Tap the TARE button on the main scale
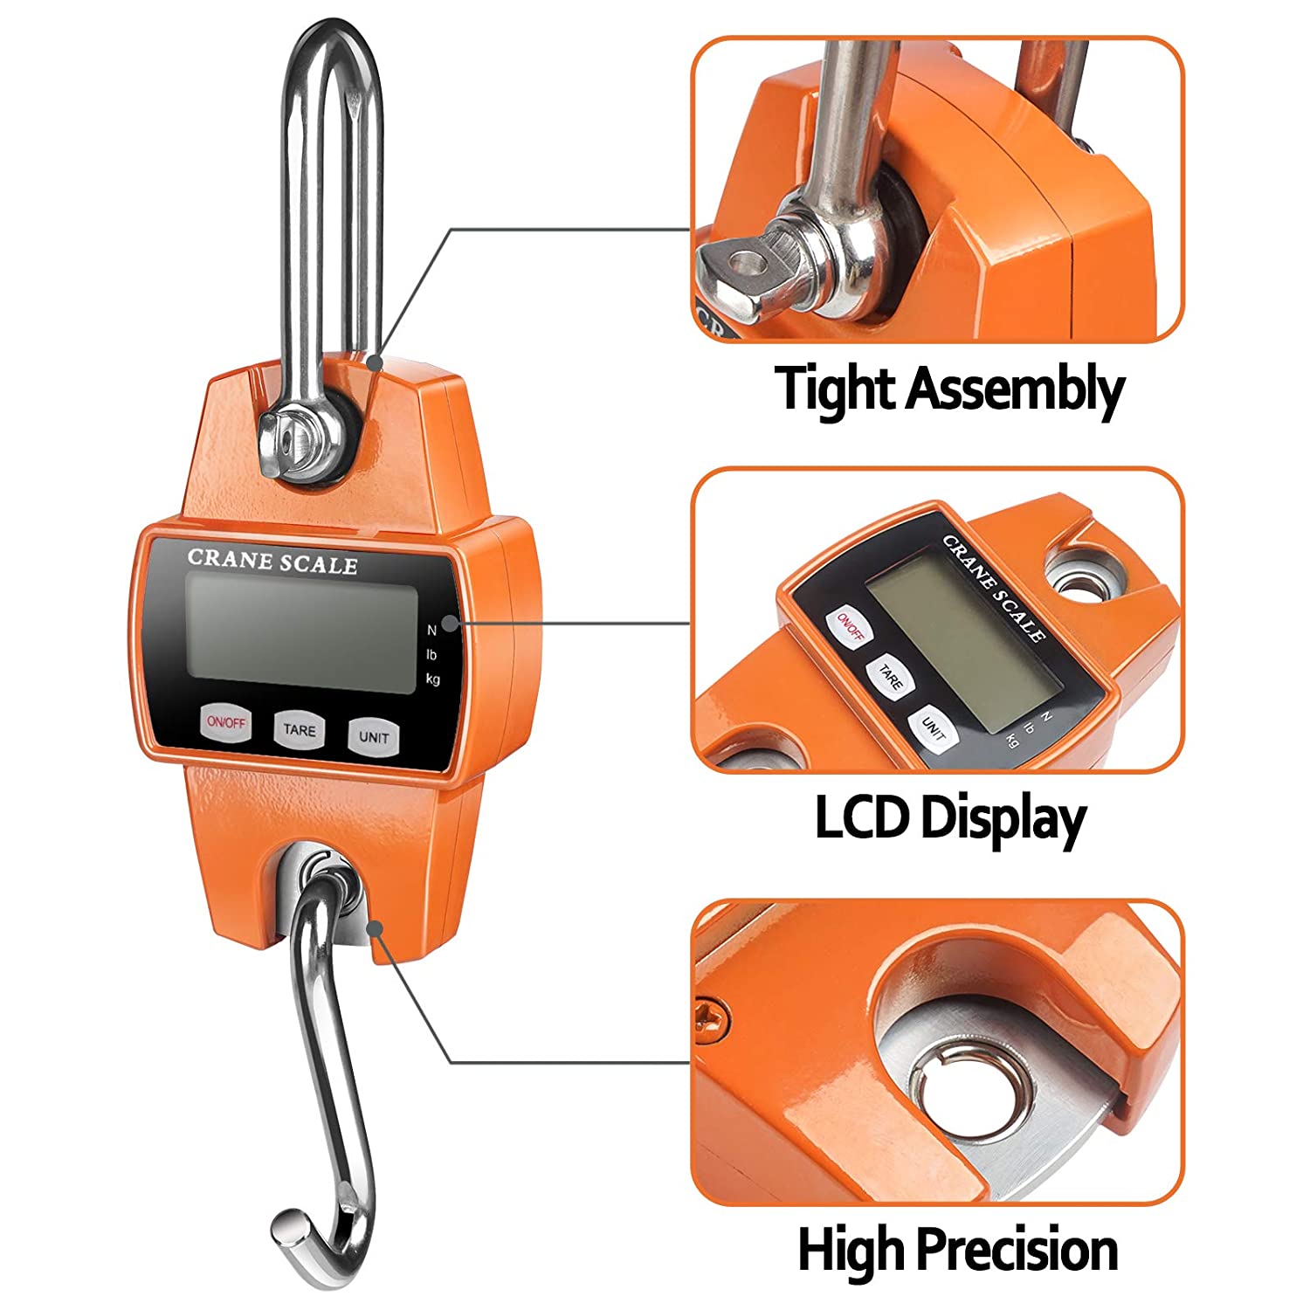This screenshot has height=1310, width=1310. click(300, 729)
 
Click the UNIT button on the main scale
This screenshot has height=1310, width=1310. click(374, 737)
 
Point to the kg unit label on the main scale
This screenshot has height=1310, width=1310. click(433, 679)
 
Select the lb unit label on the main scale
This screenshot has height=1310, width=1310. click(431, 654)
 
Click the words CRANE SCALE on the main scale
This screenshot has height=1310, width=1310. click(272, 562)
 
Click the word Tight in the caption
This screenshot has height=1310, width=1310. click(836, 389)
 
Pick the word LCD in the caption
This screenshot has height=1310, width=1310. click(863, 817)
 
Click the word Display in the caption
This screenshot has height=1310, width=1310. click(1003, 821)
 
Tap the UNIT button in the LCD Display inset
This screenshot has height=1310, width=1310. click(934, 727)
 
